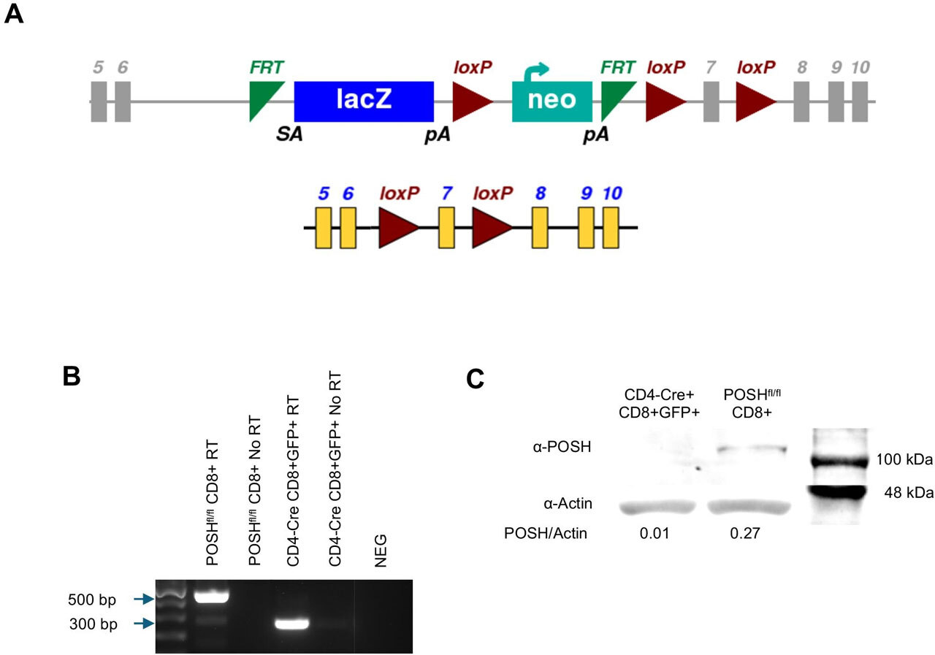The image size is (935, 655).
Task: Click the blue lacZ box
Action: click(364, 101)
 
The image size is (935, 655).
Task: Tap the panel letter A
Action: click(14, 14)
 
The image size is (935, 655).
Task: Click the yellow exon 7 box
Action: click(446, 227)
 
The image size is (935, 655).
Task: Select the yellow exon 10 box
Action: click(611, 227)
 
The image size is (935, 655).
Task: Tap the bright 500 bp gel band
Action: click(211, 597)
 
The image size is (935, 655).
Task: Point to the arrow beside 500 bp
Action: click(142, 599)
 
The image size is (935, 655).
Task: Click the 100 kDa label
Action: click(905, 461)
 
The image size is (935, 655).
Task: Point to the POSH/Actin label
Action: click(546, 534)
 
